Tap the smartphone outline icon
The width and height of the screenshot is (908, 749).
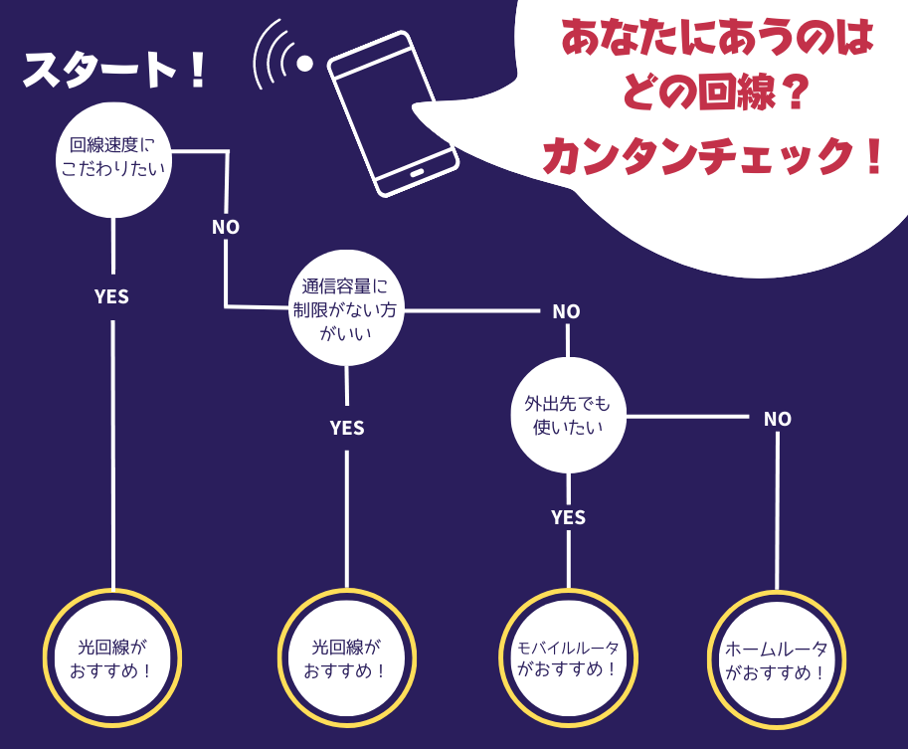click(393, 112)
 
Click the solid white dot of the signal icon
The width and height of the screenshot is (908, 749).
click(304, 63)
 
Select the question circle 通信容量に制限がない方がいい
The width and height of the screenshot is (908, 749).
click(345, 310)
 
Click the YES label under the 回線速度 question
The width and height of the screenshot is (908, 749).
click(111, 296)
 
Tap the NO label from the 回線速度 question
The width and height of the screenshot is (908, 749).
click(226, 227)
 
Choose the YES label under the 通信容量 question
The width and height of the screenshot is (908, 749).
click(347, 428)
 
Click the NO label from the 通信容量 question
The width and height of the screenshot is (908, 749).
click(566, 311)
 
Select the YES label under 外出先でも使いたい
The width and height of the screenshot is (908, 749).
click(568, 517)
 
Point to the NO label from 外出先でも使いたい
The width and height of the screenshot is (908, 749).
click(778, 419)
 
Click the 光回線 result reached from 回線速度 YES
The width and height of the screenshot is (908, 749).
click(112, 657)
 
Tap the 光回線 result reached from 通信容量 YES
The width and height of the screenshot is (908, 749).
click(346, 657)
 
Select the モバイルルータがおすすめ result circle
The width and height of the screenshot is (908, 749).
click(568, 657)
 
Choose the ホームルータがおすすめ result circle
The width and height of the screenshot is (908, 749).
click(777, 659)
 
